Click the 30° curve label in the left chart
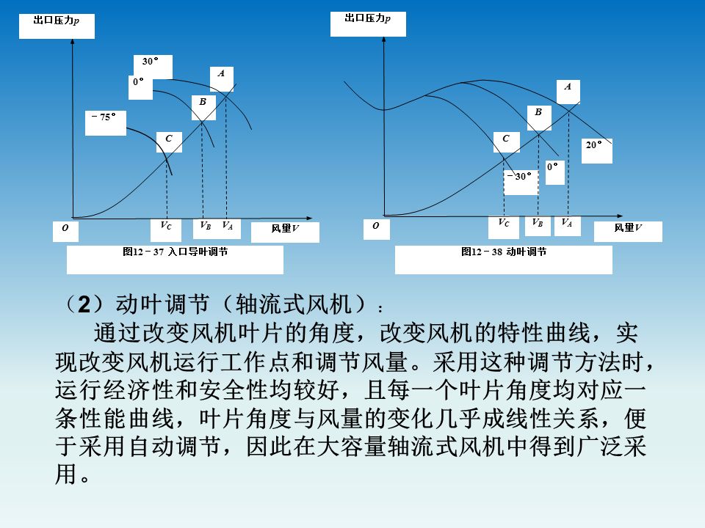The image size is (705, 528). click(150, 62)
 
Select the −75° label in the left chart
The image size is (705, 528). click(104, 117)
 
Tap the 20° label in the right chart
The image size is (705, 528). click(594, 145)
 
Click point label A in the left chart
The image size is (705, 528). click(221, 73)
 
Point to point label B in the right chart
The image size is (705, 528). click(538, 112)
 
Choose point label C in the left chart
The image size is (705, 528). click(169, 138)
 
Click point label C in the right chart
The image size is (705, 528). click(505, 138)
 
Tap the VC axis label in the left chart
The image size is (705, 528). click(166, 226)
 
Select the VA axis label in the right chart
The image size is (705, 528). click(567, 222)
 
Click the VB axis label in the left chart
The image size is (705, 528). click(206, 226)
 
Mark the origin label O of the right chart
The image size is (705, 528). click(376, 227)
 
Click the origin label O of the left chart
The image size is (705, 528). click(65, 229)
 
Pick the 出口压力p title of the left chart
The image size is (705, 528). click(57, 21)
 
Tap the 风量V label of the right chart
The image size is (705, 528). click(628, 227)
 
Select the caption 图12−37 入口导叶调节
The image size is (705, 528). click(175, 252)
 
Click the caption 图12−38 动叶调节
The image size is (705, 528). click(504, 252)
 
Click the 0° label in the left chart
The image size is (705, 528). click(138, 82)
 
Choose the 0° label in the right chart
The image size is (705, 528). click(552, 167)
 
